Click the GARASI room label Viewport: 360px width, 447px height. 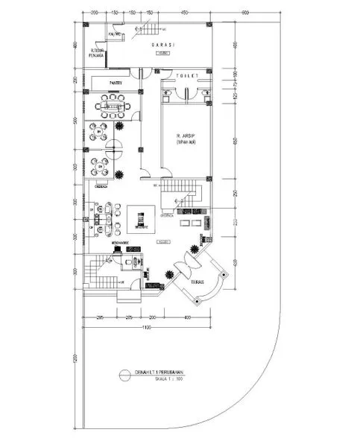pos(163,45)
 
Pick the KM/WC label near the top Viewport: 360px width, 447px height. pos(115,34)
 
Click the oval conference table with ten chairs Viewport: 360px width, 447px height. pos(112,107)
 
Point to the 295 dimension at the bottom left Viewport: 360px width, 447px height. pos(99,318)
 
